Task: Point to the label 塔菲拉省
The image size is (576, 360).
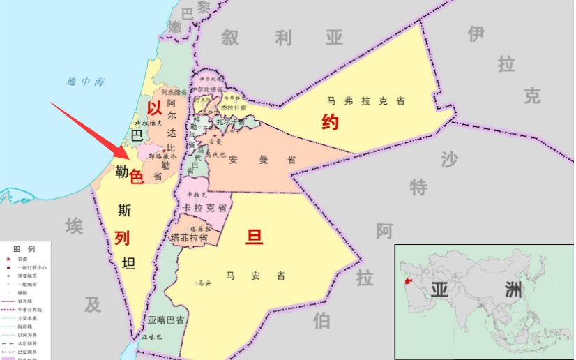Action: (189, 238)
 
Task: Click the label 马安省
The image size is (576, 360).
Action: (255, 276)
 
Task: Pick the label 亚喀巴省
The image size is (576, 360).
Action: (165, 320)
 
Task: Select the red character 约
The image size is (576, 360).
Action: (330, 123)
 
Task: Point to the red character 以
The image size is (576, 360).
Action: (154, 108)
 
